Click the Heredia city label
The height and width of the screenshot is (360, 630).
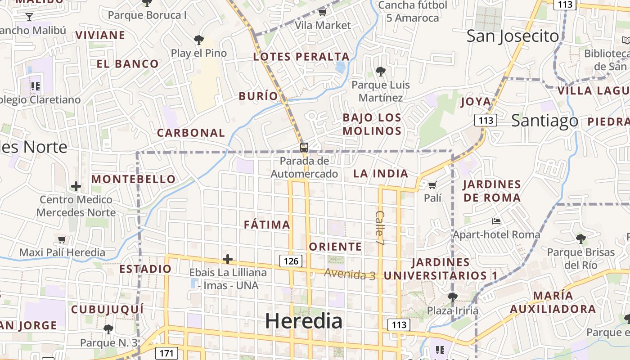coord(304,321)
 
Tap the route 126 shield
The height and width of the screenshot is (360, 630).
coord(291,261)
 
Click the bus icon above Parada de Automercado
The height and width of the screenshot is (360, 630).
coord(304,147)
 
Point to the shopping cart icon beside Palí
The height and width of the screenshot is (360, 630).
coord(432,185)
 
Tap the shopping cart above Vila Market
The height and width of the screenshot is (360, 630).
coord(322,12)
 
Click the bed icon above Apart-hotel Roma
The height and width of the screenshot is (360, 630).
coord(496,221)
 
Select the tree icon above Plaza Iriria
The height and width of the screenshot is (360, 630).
coord(452,297)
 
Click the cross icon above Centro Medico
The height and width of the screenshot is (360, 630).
coord(76,186)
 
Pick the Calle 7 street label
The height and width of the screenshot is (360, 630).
coord(380,228)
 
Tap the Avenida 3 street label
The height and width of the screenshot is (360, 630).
coord(350,274)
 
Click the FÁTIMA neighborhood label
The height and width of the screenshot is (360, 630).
coord(267,225)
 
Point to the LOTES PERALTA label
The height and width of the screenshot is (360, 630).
coord(301,57)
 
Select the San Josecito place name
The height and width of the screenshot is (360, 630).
coord(513,36)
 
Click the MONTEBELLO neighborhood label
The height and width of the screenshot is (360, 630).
coord(134,179)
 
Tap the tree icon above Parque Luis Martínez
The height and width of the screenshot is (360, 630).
coord(380,71)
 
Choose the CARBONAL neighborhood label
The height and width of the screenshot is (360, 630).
coord(191,133)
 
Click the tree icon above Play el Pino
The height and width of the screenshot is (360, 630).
coord(198,40)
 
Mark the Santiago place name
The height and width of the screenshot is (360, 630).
coord(544,120)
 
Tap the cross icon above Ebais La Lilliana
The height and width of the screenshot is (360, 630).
coord(228,259)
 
